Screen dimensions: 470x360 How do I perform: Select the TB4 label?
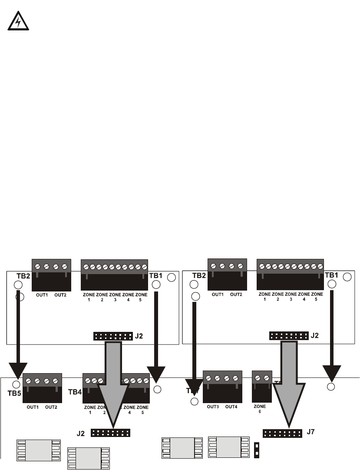(x=75, y=391)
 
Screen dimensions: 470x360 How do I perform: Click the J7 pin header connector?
(x=282, y=434)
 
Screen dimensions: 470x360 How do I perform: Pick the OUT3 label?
(x=212, y=407)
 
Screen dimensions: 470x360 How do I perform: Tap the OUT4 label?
(x=232, y=407)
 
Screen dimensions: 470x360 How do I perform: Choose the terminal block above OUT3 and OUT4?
(x=222, y=386)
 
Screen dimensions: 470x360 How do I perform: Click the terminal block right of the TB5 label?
(x=42, y=387)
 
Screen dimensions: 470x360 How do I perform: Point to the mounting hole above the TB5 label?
(x=17, y=384)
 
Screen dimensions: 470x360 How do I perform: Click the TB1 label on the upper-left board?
(x=155, y=275)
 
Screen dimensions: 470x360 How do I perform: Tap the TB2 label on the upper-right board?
(x=199, y=275)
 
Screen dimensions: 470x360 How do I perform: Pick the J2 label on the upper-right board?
(x=315, y=335)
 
